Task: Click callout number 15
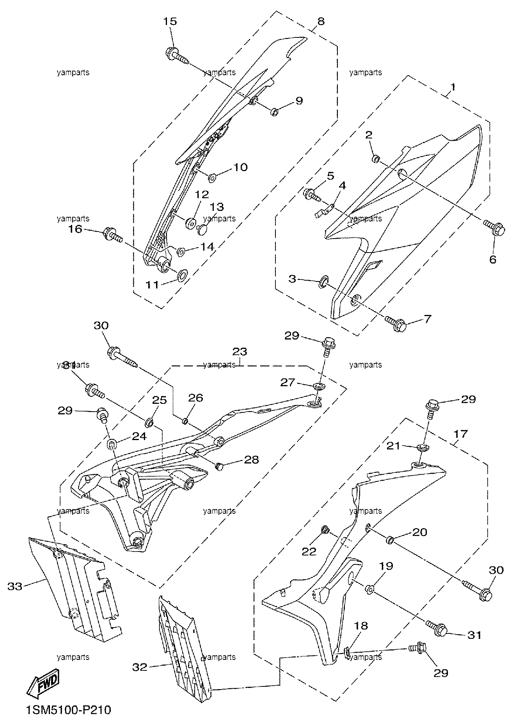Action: [x=170, y=21]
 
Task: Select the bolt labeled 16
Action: [x=113, y=235]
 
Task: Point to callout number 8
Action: [x=321, y=21]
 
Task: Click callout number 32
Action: [x=139, y=667]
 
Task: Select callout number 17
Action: [x=460, y=433]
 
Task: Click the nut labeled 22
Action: [x=324, y=530]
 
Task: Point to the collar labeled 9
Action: [x=274, y=112]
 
